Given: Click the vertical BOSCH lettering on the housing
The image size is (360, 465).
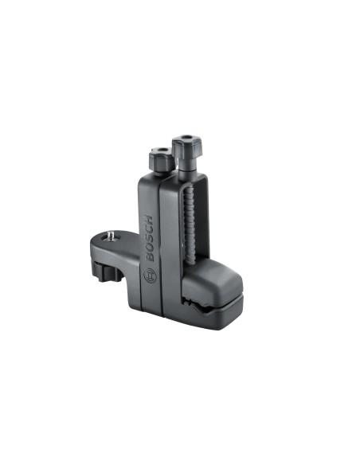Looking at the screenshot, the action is point(150,238).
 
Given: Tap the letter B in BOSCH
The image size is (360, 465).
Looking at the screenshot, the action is point(151,257).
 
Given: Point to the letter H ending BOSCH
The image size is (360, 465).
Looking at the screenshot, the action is point(150,220).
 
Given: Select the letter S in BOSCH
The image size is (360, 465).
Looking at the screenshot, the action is point(151,238).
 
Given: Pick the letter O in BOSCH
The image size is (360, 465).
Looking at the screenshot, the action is point(151,248).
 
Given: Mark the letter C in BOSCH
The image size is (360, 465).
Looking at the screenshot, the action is point(150,229).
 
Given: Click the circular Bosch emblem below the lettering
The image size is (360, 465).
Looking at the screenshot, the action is point(150,275).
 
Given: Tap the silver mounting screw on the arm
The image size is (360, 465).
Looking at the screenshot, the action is point(112,236).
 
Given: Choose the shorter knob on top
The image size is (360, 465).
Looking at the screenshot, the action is point(162,158).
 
